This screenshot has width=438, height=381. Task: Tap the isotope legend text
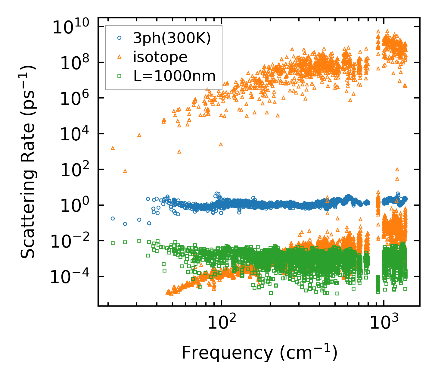(x=160, y=57)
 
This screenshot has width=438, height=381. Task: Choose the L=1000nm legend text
(x=175, y=76)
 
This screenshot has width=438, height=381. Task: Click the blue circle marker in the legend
(x=119, y=38)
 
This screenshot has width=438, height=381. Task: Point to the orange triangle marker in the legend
(x=119, y=57)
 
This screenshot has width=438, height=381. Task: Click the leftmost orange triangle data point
(x=113, y=148)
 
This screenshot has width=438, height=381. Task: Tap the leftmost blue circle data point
(x=113, y=218)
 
